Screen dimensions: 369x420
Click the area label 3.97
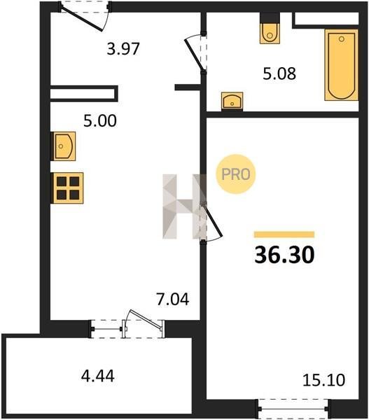tap(123, 49)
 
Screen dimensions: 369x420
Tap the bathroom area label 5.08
tap(279, 73)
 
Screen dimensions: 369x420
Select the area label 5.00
tap(100, 120)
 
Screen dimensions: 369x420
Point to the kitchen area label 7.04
tap(173, 299)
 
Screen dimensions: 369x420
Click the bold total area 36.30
tap(284, 255)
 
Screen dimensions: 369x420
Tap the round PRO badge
tap(236, 174)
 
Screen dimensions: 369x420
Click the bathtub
tap(342, 65)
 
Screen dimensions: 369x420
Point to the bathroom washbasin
tap(232, 101)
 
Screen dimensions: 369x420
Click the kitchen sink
tap(63, 146)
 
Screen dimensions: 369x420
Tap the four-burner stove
tap(67, 188)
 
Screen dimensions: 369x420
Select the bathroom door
tap(197, 53)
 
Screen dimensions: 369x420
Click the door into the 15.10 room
tap(211, 223)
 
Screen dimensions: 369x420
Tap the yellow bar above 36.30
tap(284, 234)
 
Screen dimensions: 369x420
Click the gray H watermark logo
tap(185, 206)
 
